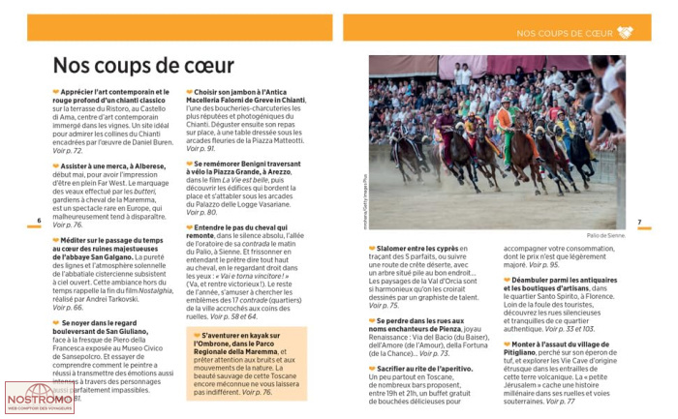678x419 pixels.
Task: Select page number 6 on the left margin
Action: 39,221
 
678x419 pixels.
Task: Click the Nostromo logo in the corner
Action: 40,398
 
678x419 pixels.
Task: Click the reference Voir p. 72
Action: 68,151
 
